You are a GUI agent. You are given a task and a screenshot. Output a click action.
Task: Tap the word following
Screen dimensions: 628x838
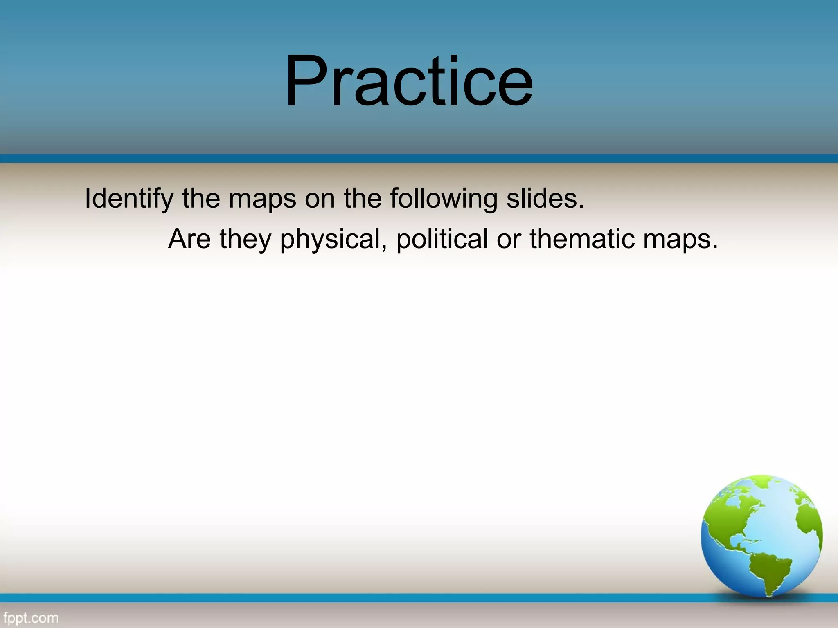(444, 199)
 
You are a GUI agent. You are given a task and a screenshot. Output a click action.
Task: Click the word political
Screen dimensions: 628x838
(442, 239)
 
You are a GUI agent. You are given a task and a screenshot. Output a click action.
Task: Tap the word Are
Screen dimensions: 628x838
(189, 239)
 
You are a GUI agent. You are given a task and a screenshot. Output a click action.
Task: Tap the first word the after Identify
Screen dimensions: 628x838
(201, 199)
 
